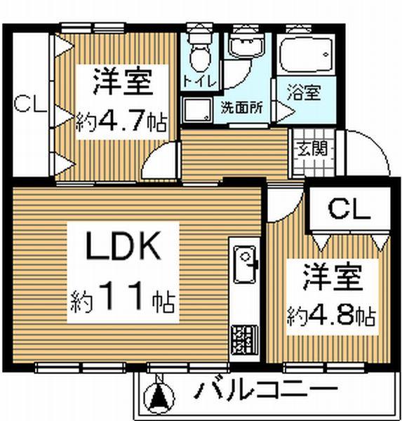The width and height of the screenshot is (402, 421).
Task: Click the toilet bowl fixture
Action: (x=199, y=52)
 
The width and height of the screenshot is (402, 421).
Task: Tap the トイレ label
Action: (x=199, y=81)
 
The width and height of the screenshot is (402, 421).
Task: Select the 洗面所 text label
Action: (x=241, y=107)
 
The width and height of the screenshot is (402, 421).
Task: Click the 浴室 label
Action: (x=304, y=92)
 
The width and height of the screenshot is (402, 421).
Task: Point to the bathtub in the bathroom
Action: (x=306, y=55)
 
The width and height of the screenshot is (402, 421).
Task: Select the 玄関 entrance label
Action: (x=313, y=148)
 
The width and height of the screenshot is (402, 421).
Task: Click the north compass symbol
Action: (x=159, y=396)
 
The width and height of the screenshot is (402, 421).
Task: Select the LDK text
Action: (x=123, y=246)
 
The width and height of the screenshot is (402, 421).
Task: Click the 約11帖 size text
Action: (x=123, y=298)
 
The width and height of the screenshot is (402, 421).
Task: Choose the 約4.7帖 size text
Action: (x=121, y=122)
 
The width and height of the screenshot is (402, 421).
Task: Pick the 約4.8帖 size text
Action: (x=331, y=317)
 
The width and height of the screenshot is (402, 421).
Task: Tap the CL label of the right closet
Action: (x=349, y=209)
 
